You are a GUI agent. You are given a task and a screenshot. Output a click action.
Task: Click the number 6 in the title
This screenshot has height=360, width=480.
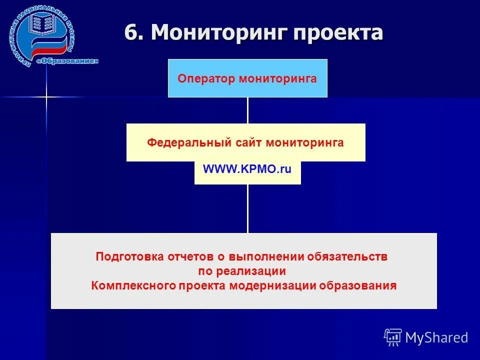[x=131, y=33]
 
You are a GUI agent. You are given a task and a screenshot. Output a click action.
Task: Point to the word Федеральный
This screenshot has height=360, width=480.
[x=188, y=143]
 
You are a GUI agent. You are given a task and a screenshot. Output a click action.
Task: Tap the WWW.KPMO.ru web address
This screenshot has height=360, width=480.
[x=247, y=169]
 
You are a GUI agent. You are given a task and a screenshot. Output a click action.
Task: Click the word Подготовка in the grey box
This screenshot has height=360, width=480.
[x=129, y=257]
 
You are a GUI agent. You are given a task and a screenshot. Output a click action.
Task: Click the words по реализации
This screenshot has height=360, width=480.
[x=242, y=271]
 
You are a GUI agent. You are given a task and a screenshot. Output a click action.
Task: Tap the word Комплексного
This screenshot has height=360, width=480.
[x=132, y=286]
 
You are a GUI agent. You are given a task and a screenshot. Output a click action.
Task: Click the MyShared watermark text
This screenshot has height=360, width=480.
[x=436, y=337]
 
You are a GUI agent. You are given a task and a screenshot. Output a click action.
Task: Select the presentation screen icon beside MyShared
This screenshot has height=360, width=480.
[x=393, y=337]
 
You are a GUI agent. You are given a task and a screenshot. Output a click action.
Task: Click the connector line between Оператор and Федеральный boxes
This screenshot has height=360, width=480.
[x=247, y=110]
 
